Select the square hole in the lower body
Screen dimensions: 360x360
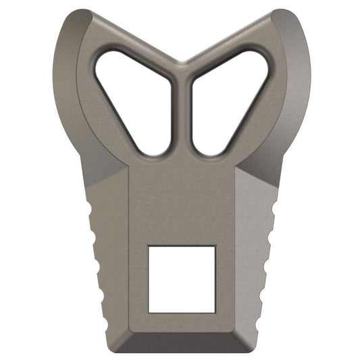point(182,279)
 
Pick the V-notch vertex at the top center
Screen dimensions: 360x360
point(181,62)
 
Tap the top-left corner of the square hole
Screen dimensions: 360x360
point(149,247)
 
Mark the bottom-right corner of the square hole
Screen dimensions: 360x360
point(215,311)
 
